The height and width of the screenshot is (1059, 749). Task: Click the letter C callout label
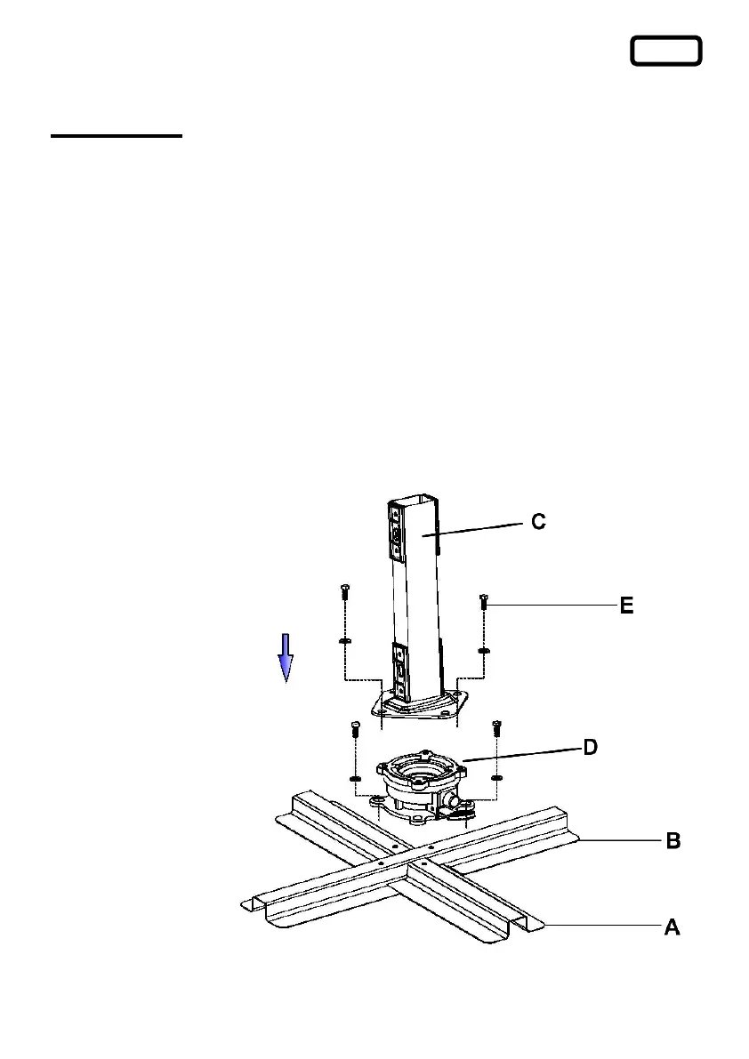pos(538,522)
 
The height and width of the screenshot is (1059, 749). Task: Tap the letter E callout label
pos(626,606)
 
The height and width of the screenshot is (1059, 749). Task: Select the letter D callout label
pos(590,748)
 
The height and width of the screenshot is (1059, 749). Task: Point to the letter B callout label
pos(673,841)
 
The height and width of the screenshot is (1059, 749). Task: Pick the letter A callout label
pos(672,927)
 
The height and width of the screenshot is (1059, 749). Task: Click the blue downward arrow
pos(286,657)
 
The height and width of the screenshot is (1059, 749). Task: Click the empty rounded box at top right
pos(666,52)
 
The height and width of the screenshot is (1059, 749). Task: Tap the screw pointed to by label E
pos(484,603)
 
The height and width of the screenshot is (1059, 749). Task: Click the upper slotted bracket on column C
pos(397,533)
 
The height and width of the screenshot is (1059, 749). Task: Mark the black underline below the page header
pos(116,137)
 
